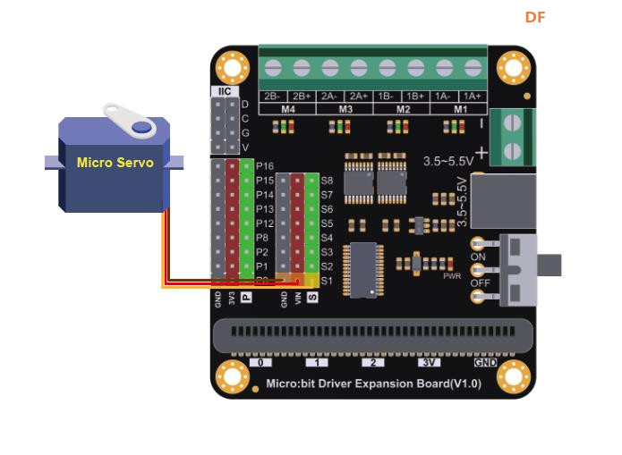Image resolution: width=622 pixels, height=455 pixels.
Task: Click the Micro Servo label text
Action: (115, 163)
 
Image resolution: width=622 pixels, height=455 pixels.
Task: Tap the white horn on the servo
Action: (131, 122)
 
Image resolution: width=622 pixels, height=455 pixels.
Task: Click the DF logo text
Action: (535, 17)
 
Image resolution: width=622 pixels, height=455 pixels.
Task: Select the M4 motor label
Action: (288, 109)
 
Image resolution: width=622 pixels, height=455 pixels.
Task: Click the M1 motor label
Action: (459, 109)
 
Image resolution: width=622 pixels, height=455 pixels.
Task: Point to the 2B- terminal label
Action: (273, 96)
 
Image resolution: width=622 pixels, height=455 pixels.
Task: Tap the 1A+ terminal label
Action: (472, 96)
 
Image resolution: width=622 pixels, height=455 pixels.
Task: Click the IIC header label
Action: (224, 91)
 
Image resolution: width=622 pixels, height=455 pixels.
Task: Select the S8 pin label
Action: (327, 180)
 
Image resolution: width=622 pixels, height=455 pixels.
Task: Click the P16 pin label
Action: (264, 165)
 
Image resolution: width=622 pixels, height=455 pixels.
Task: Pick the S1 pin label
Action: (327, 281)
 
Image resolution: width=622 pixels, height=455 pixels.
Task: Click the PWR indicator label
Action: (452, 276)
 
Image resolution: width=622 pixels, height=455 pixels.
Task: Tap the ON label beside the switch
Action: (478, 257)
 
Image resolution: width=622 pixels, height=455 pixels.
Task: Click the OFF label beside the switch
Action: (480, 283)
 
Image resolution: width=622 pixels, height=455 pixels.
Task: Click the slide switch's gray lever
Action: (548, 265)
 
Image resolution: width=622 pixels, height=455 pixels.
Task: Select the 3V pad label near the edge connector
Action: (430, 363)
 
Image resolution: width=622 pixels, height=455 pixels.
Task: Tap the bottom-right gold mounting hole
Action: (514, 376)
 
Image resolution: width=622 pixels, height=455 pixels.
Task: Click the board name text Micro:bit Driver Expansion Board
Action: (374, 383)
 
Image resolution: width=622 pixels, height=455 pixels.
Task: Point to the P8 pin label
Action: (261, 238)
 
